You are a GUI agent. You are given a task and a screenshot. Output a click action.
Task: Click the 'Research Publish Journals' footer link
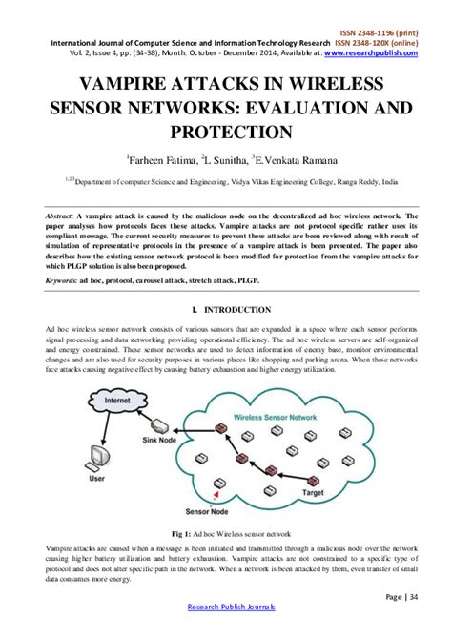pyautogui.click(x=226, y=607)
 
